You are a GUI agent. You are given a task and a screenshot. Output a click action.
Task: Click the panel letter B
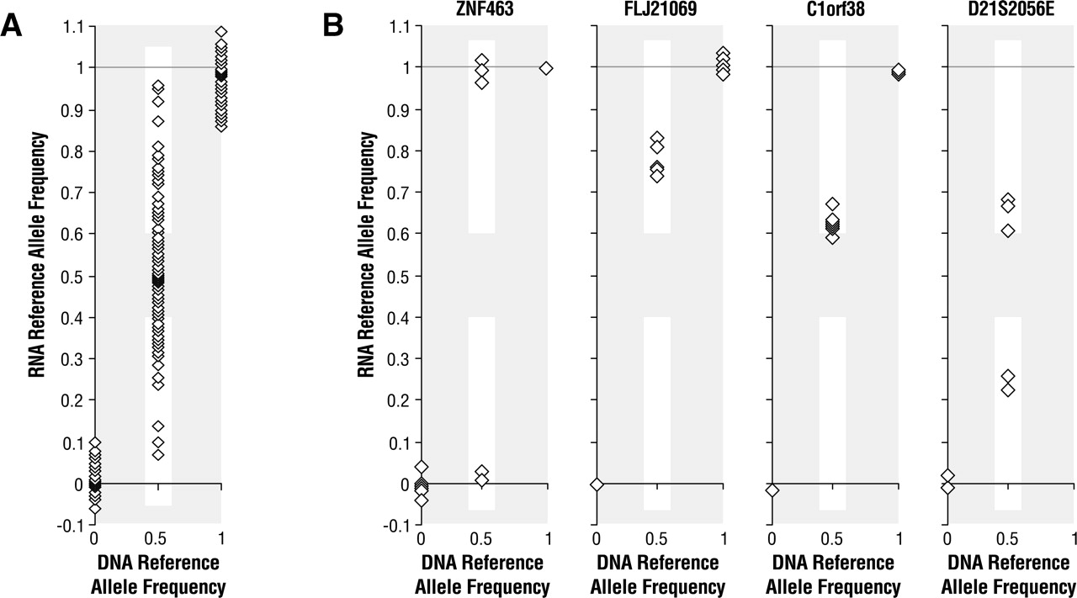334,26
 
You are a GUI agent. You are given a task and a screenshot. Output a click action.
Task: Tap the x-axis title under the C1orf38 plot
834,574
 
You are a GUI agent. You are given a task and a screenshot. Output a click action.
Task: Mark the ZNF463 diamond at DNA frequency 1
546,68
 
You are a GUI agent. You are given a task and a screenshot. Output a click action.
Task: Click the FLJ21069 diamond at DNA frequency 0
597,484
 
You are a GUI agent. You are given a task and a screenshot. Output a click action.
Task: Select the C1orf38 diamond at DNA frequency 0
772,490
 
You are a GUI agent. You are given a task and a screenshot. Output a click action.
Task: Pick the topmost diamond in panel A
221,32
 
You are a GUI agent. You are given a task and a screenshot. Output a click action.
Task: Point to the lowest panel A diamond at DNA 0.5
158,454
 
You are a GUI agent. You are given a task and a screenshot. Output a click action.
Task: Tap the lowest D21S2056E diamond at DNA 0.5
1008,390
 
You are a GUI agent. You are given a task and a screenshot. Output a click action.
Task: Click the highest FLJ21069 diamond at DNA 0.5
657,137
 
